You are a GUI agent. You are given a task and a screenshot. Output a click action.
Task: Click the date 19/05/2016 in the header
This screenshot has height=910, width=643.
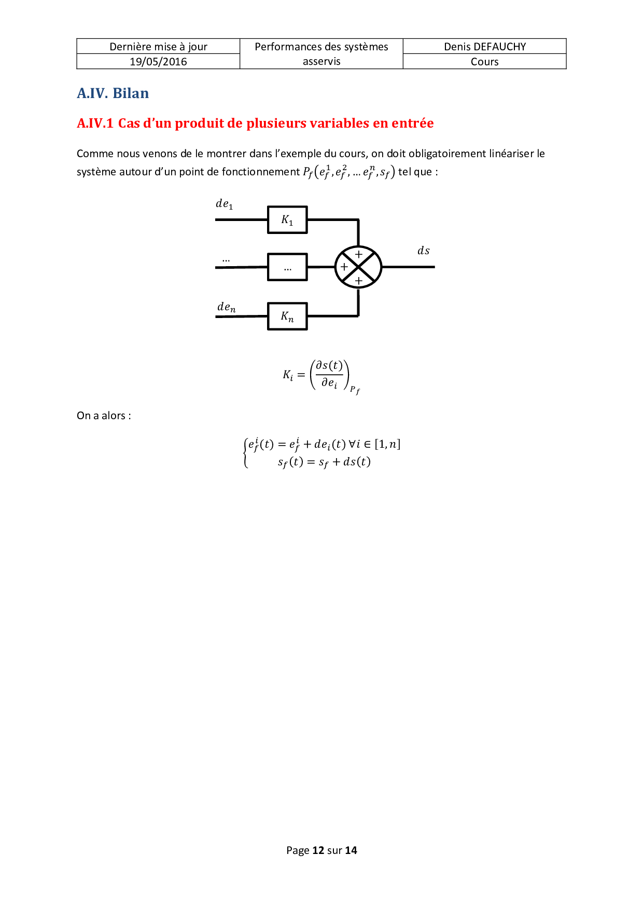tap(158, 62)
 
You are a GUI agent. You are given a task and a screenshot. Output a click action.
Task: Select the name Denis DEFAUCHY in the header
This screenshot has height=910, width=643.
tap(484, 47)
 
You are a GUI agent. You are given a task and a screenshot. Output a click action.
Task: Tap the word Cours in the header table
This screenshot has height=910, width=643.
tap(484, 62)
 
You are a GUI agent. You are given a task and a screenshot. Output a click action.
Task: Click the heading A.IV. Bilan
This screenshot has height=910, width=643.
tap(113, 93)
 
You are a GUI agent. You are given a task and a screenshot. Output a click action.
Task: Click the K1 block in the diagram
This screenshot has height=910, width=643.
tap(287, 220)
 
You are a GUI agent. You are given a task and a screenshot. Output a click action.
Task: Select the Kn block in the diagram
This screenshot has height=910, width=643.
tap(287, 316)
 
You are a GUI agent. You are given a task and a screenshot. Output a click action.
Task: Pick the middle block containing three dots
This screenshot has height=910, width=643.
tap(287, 267)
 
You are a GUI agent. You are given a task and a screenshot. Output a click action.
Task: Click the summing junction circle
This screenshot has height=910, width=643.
tap(358, 267)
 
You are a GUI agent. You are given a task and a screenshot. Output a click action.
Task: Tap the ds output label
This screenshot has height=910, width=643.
tap(424, 251)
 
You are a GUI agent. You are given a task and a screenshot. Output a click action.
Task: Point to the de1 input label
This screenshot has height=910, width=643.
tap(225, 204)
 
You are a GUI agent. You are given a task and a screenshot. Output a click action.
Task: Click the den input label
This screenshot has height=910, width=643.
tap(226, 307)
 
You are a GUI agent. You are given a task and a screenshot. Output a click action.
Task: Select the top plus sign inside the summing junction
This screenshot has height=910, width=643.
tap(358, 255)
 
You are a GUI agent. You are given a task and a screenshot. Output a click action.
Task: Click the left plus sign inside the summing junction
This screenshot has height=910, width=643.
tap(344, 267)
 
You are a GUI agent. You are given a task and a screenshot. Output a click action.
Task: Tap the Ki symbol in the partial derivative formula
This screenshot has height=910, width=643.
tap(288, 375)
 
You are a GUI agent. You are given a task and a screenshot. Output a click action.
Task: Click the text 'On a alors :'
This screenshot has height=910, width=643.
tap(104, 416)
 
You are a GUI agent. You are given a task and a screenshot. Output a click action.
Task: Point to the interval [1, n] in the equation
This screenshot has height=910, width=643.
tap(387, 444)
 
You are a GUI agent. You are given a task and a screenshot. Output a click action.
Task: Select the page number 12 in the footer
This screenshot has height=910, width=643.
tap(318, 850)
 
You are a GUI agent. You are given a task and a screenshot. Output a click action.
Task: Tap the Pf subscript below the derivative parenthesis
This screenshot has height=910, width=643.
tap(355, 390)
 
